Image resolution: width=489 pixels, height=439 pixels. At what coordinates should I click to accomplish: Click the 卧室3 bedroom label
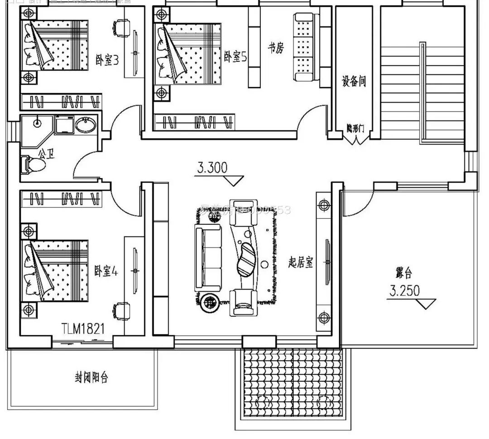coord(107,59)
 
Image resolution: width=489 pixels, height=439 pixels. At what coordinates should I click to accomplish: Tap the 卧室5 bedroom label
coord(235,57)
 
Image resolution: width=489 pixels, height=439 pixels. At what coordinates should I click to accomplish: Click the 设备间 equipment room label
coord(354,82)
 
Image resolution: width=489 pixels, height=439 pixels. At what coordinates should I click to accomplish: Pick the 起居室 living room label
coord(301,262)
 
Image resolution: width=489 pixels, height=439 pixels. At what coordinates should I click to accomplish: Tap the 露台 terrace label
coord(403,273)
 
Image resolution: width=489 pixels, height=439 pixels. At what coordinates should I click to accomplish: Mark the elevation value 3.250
coord(404,290)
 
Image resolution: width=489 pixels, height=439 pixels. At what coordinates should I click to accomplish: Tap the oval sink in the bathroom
coord(85,125)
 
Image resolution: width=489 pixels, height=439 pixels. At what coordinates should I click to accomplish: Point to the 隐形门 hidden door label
coord(355,128)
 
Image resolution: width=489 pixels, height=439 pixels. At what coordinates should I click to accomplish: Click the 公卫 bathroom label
coord(46,154)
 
